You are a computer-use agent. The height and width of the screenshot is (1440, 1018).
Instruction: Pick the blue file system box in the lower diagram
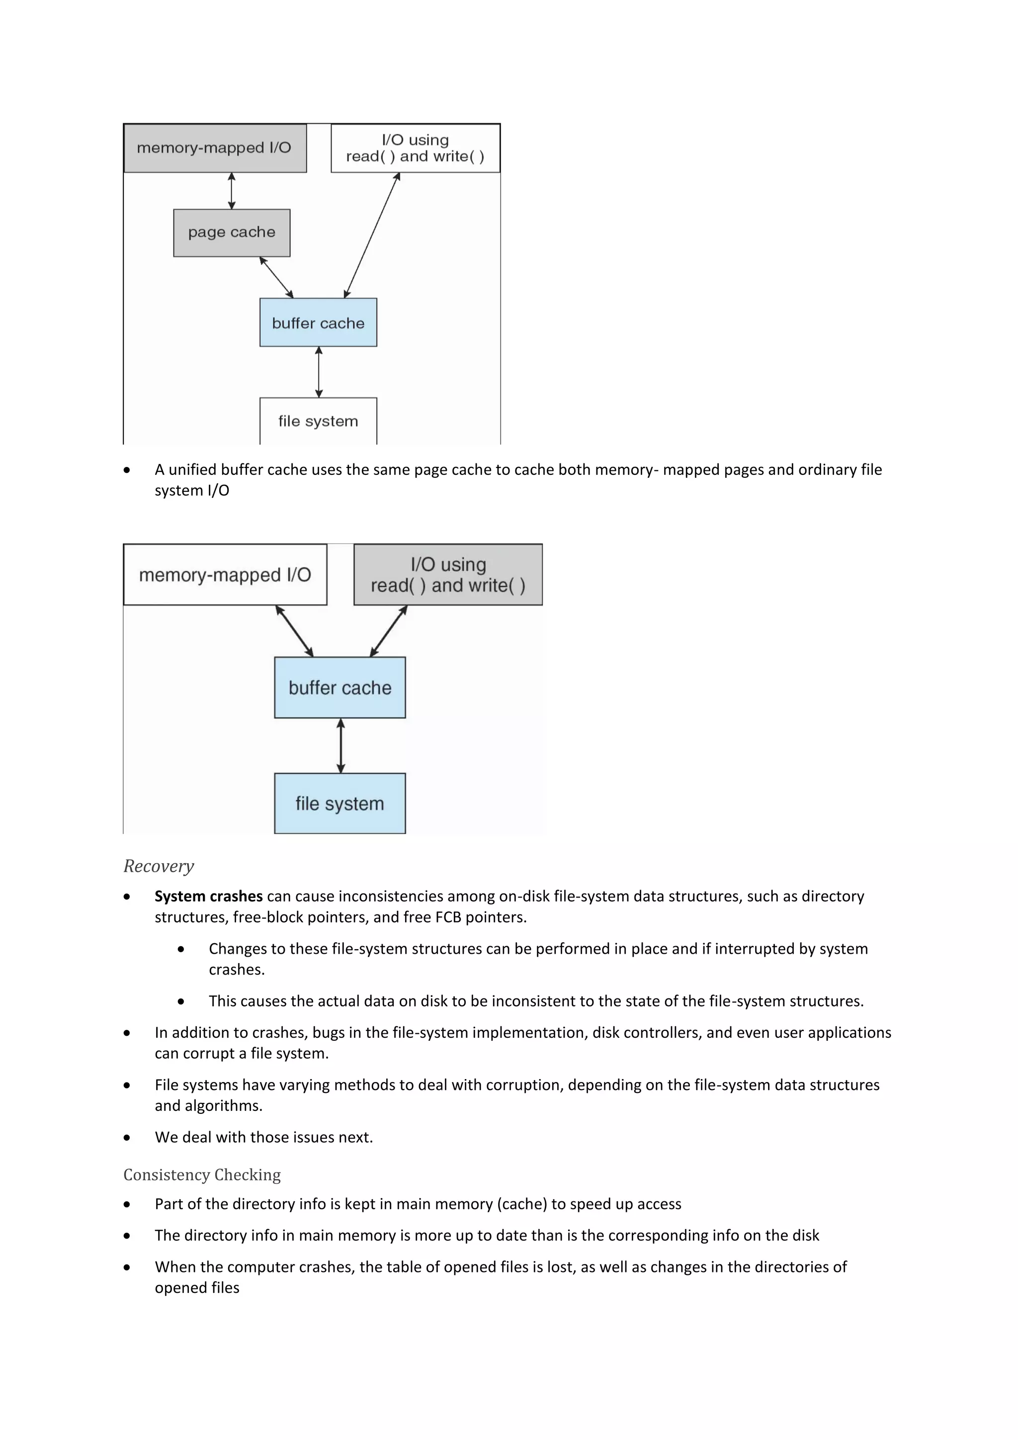pos(340,804)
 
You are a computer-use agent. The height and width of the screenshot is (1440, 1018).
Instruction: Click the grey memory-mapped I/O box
pos(214,148)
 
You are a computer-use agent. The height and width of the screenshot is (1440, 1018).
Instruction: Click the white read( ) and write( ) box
pos(415,148)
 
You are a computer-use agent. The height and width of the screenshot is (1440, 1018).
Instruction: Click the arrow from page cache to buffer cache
pos(276,277)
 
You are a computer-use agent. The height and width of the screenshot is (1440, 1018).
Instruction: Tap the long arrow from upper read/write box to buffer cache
pos(372,235)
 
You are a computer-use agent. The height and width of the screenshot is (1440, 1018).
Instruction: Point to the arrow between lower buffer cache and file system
pos(340,746)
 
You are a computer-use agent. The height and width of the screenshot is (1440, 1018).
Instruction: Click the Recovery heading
pos(159,866)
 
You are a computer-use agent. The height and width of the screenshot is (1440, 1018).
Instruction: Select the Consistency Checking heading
pos(202,1174)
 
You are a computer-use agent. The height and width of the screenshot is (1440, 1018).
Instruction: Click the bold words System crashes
pos(208,896)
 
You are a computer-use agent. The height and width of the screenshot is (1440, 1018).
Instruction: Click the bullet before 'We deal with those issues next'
pos(127,1138)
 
